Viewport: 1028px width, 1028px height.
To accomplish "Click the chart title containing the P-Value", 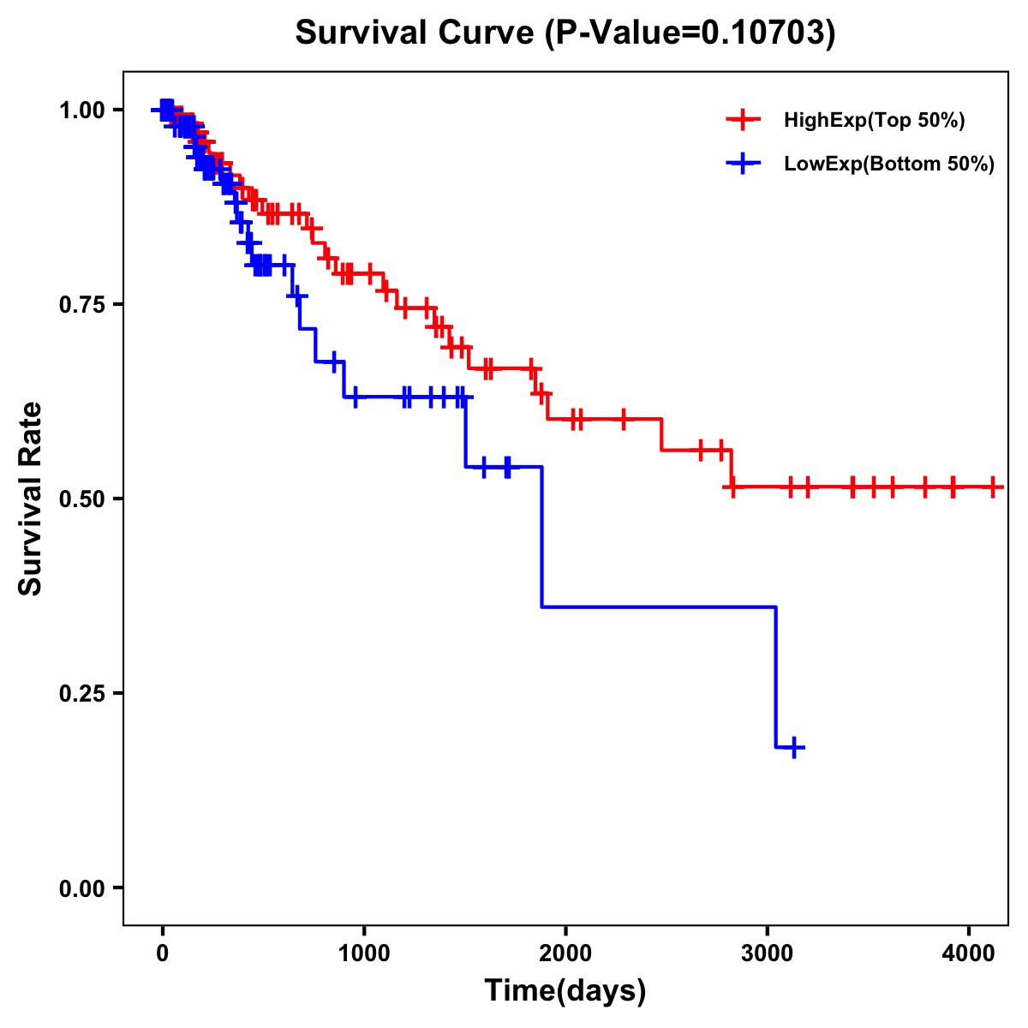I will (565, 33).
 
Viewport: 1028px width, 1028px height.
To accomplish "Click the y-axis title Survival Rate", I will (31, 499).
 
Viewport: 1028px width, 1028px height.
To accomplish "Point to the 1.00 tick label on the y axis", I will (81, 110).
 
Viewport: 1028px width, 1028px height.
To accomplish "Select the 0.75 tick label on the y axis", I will (81, 304).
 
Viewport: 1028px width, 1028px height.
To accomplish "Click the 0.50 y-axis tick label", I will (81, 499).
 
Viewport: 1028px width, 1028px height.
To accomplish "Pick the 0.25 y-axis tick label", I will (81, 693).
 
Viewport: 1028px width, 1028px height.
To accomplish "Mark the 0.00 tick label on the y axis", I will (81, 888).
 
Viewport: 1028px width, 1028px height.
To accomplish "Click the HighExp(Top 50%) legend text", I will (874, 121).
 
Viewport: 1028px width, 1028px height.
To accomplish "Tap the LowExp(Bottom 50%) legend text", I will (889, 164).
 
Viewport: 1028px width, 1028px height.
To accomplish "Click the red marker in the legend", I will (743, 120).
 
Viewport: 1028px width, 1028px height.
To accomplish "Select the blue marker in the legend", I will (743, 163).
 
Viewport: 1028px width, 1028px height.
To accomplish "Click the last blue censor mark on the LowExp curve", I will (794, 747).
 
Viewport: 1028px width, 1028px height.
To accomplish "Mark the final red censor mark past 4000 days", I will (992, 487).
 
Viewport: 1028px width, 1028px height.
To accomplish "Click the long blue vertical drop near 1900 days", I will (542, 536).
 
